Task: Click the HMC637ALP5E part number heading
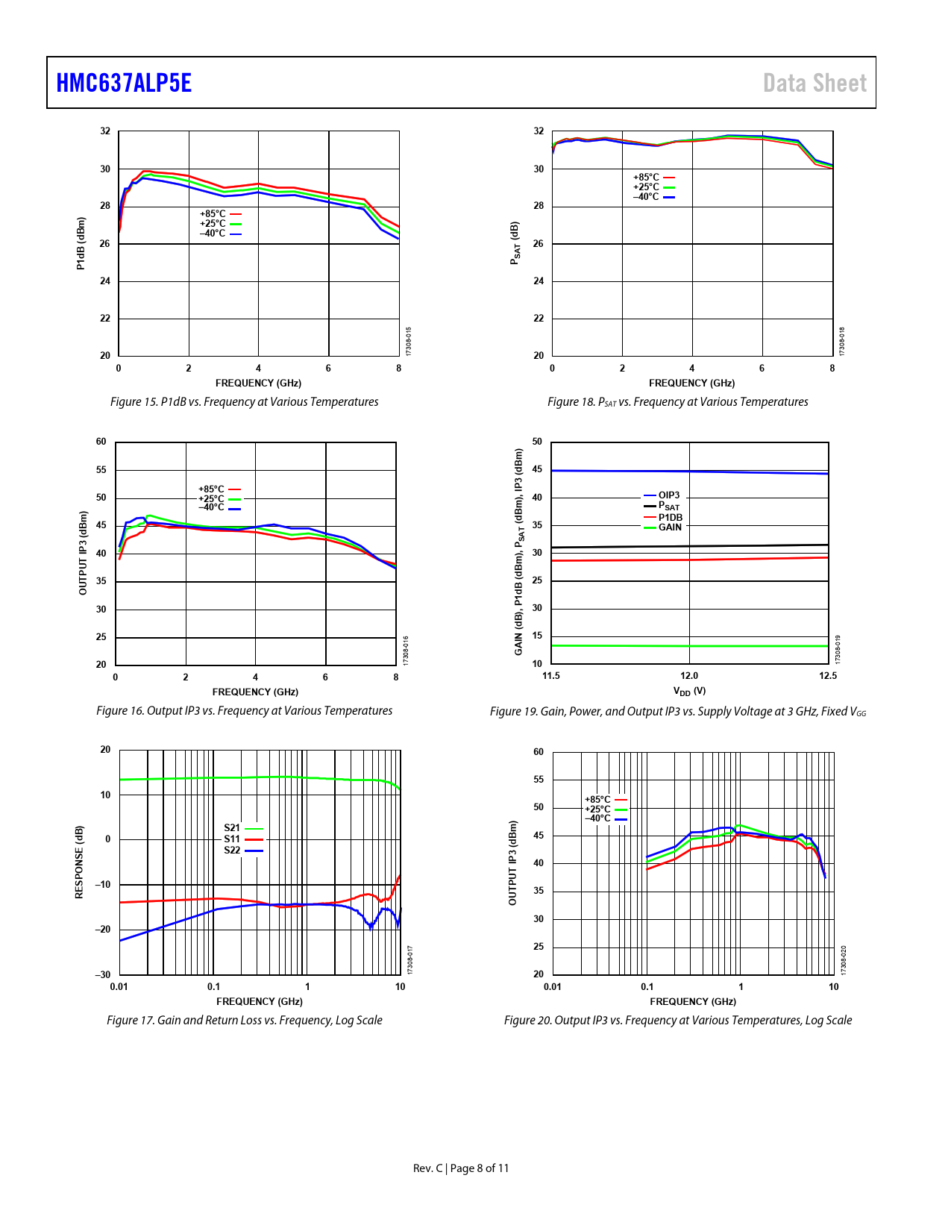[124, 83]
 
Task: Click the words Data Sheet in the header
[815, 83]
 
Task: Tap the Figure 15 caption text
[244, 402]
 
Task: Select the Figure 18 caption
[677, 402]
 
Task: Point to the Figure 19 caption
[677, 712]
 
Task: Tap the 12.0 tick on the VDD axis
[689, 676]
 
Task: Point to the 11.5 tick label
[550, 676]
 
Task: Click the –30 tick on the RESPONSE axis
[103, 975]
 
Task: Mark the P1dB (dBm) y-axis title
[81, 243]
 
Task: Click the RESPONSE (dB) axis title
[79, 862]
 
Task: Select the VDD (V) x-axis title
[689, 692]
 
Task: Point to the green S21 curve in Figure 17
[186, 778]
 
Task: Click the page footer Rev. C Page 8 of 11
[461, 1168]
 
